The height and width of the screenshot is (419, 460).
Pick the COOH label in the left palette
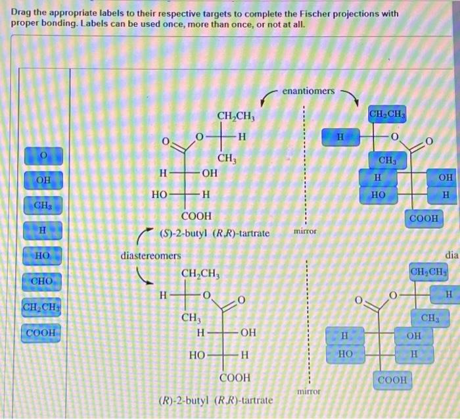(x=43, y=333)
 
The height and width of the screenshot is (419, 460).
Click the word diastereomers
(x=150, y=254)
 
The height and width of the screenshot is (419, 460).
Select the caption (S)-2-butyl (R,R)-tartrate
(x=205, y=234)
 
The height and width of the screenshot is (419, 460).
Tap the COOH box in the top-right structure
(x=425, y=218)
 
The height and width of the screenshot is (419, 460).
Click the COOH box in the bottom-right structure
(x=394, y=380)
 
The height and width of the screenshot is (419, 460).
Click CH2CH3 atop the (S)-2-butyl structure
(x=236, y=117)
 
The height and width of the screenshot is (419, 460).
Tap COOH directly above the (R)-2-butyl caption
(x=234, y=378)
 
